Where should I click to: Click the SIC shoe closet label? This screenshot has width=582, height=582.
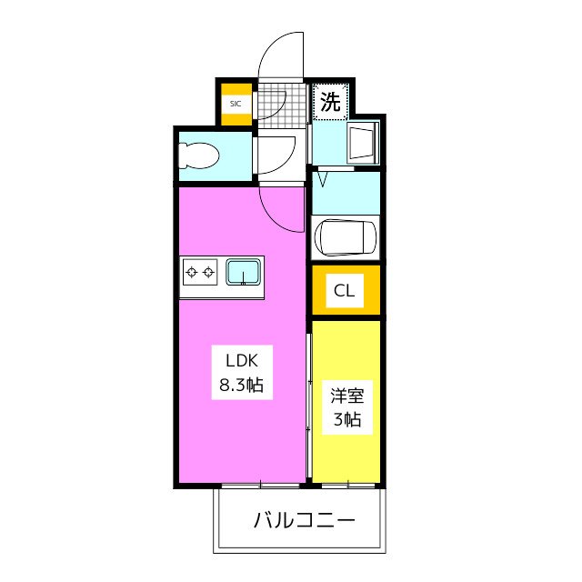coord(236,104)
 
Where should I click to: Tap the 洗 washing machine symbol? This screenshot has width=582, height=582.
coord(330,102)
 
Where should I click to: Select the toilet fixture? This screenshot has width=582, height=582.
coord(199,156)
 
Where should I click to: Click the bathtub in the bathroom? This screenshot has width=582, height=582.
coord(345,237)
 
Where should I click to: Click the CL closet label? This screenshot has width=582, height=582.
coord(345,291)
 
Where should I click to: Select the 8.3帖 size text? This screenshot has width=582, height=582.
coord(240,385)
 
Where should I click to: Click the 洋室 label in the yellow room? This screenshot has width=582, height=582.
coord(346,396)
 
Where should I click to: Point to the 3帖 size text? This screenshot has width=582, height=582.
coord(346,419)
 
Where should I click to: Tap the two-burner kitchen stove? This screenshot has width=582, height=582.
coord(199,271)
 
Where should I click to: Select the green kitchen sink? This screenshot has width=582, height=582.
coord(244,271)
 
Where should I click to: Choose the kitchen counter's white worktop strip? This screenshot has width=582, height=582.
coord(222,293)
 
